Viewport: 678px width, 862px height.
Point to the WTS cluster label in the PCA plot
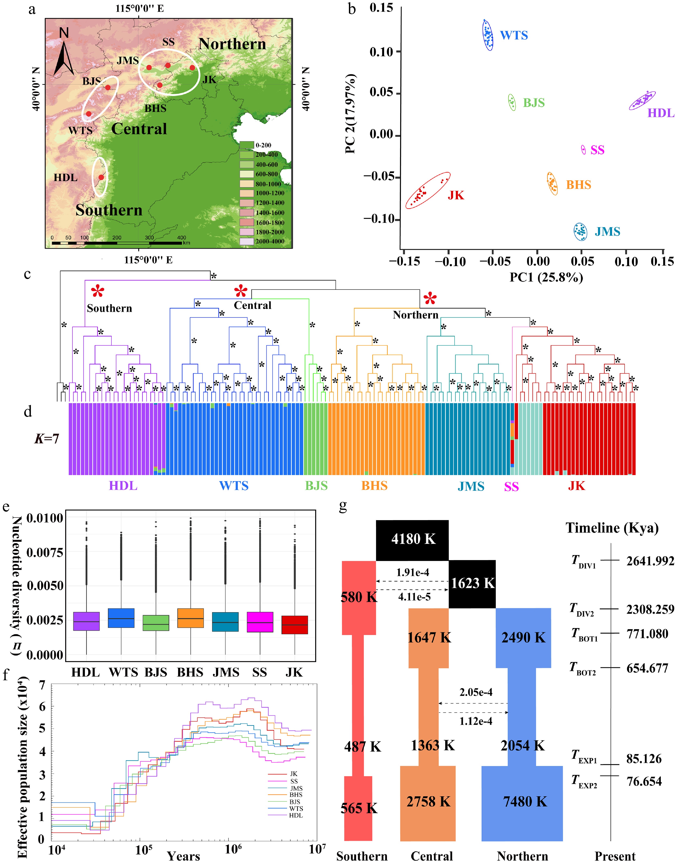pyautogui.click(x=514, y=35)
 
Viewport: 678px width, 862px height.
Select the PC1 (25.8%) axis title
pyautogui.click(x=546, y=277)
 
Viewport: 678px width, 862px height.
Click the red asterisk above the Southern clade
pyautogui.click(x=98, y=292)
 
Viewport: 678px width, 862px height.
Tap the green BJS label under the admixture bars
pyautogui.click(x=316, y=486)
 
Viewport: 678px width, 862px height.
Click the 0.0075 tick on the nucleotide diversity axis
pyautogui.click(x=44, y=552)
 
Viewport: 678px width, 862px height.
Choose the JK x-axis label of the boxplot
pyautogui.click(x=294, y=672)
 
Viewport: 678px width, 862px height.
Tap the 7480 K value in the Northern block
pyautogui.click(x=525, y=801)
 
